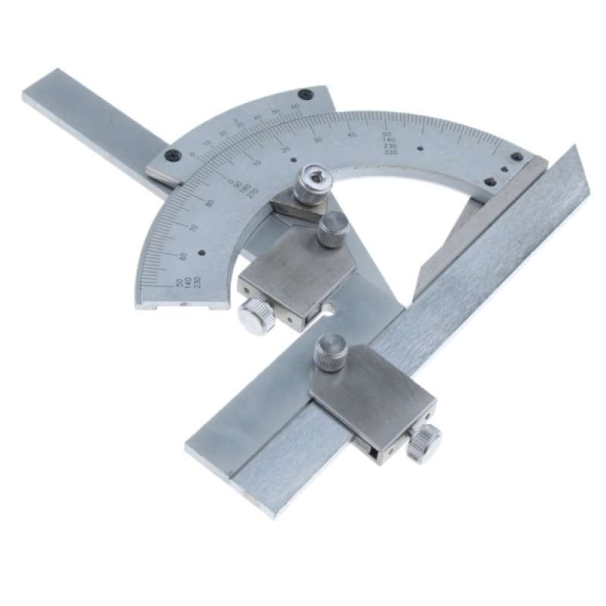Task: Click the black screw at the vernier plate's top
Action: pos(305,94)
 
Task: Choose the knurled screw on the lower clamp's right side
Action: pos(424,442)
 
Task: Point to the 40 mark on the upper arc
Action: pos(351,134)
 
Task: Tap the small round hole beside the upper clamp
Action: pos(330,308)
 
